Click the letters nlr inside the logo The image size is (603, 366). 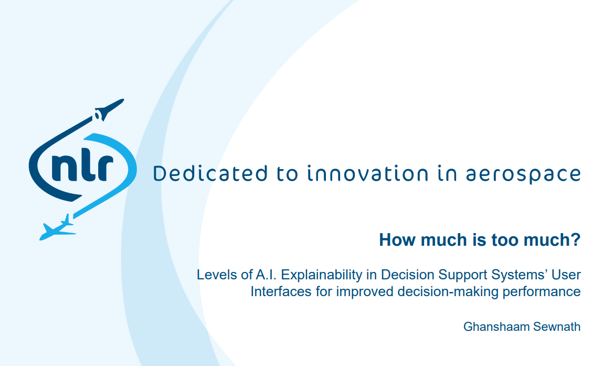click(82, 168)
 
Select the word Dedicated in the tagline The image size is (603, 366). click(210, 173)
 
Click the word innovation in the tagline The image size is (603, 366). click(368, 173)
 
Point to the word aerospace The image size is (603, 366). click(523, 174)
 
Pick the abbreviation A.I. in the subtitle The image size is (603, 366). click(266, 275)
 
